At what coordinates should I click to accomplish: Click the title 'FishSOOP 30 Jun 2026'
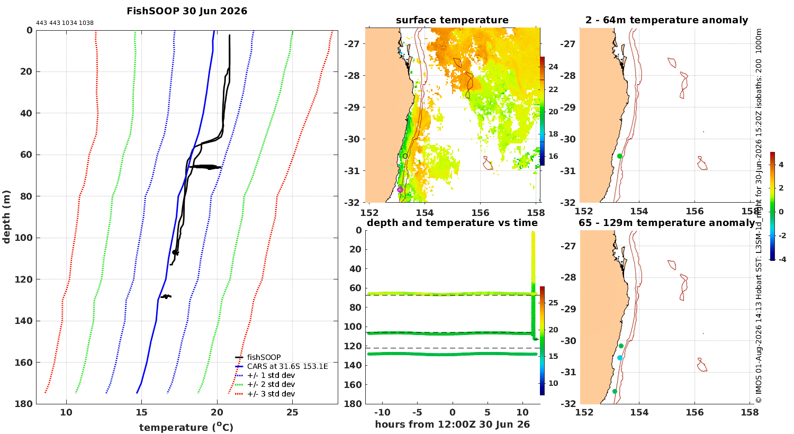point(187,11)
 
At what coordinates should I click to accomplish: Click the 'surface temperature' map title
point(452,20)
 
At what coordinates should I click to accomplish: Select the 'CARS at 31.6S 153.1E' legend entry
point(287,366)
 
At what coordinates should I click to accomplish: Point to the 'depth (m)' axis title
point(6,217)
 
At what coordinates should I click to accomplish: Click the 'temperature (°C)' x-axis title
point(186,427)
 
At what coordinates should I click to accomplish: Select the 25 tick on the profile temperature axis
point(292,412)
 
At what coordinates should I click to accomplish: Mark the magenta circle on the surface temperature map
point(400,190)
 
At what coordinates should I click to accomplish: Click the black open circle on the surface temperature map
point(405,156)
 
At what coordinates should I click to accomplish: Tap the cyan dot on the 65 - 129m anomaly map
point(620,358)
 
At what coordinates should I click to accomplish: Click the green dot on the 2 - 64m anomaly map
point(620,156)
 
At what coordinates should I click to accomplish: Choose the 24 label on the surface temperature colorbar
point(553,67)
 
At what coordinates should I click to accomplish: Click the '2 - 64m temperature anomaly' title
point(667,20)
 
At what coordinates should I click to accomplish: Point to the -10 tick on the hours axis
point(382,412)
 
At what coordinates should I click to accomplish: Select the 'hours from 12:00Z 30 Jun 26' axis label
point(452,424)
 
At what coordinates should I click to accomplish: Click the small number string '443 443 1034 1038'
point(65,23)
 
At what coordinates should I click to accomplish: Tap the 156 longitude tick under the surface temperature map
point(480,213)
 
